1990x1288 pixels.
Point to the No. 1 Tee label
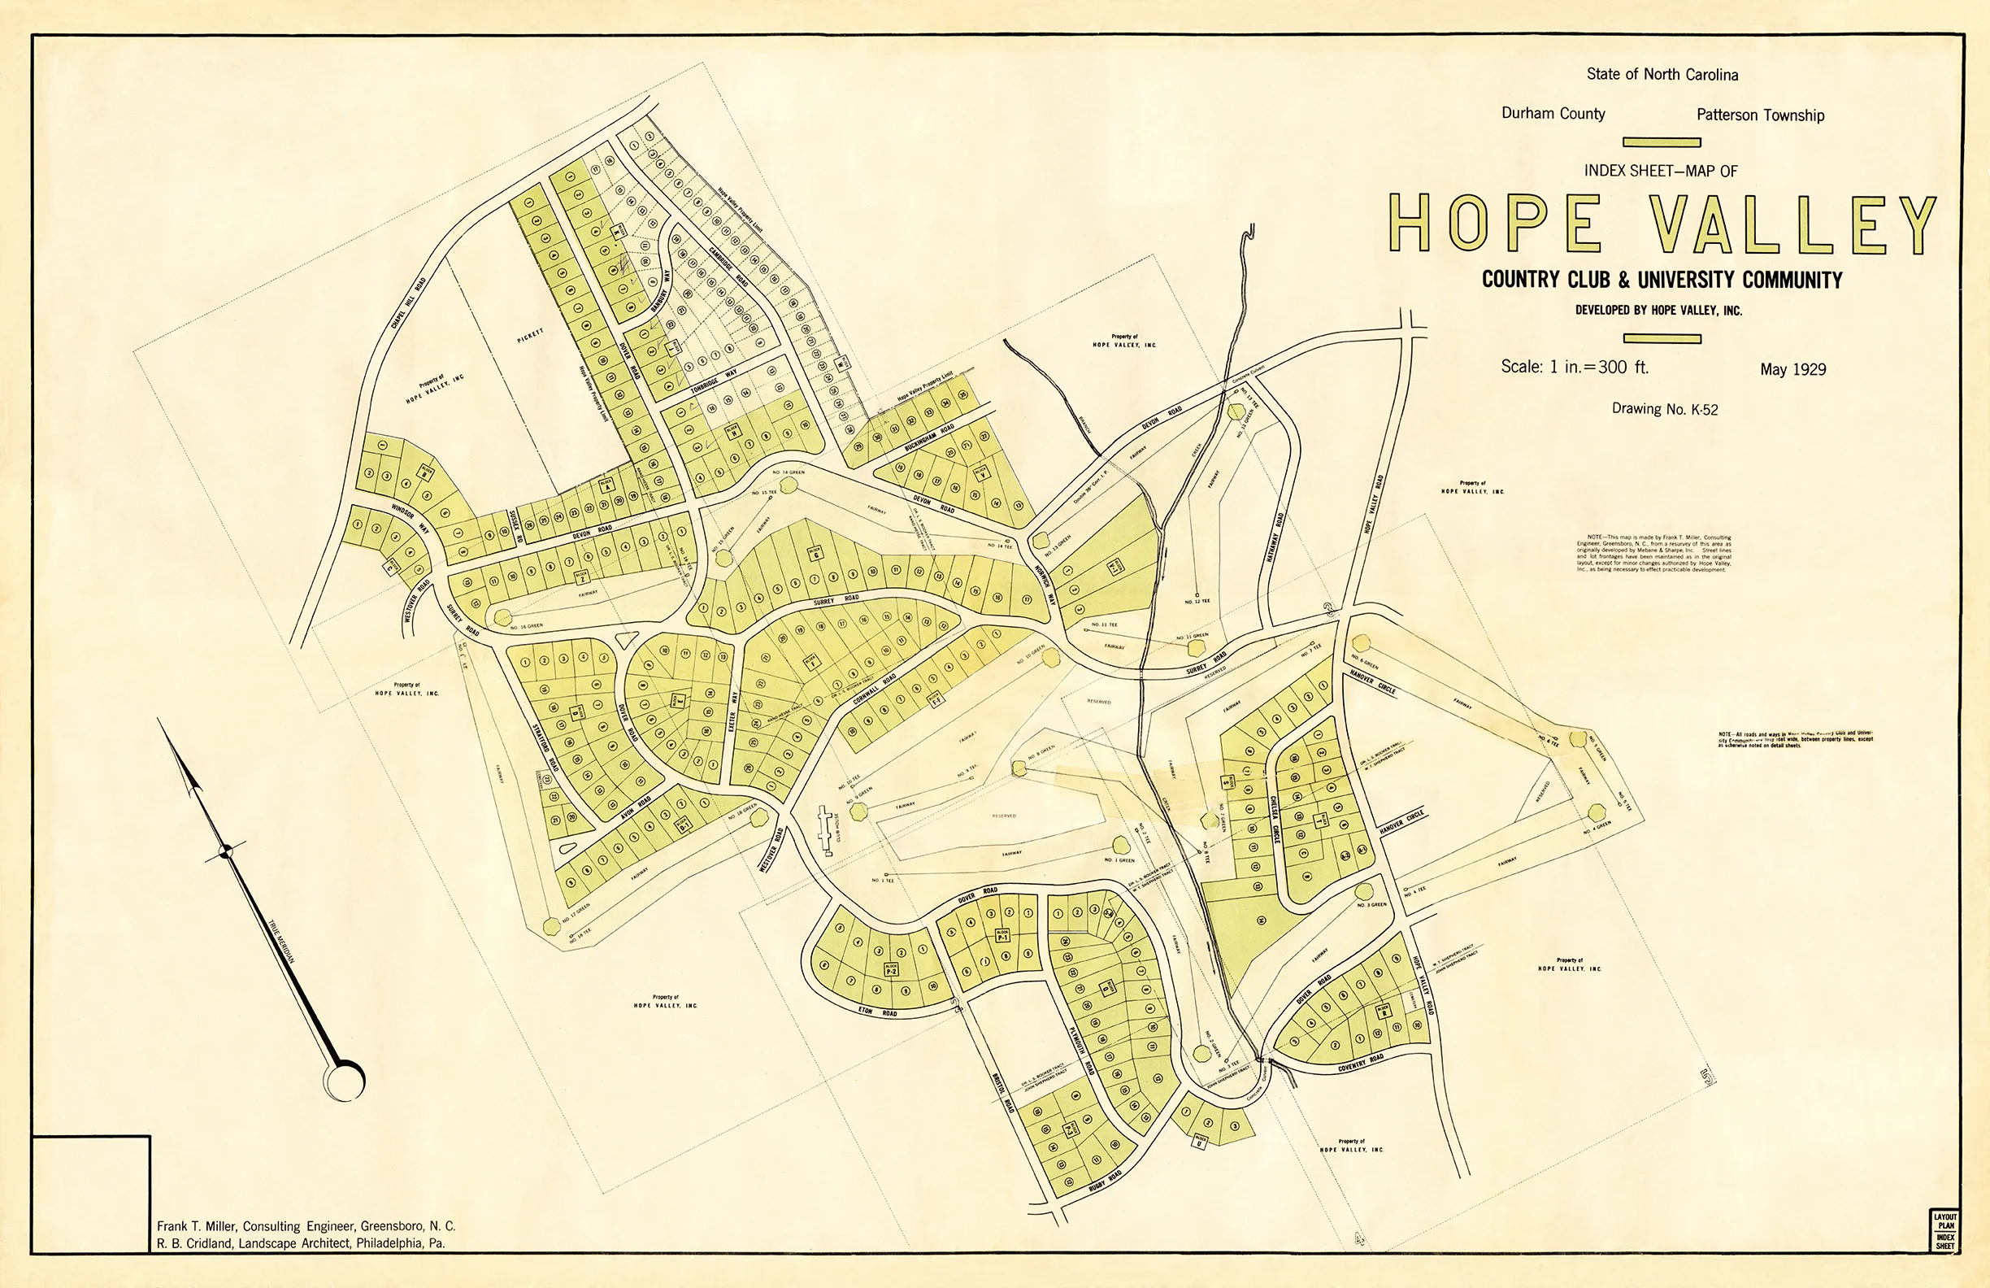[883, 880]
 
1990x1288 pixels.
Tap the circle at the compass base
[345, 1081]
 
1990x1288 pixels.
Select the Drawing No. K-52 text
[1664, 409]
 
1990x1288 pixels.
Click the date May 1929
[1792, 369]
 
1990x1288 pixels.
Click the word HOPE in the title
[1496, 224]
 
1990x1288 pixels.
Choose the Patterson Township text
[1760, 115]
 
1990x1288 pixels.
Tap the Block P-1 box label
[1002, 935]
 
